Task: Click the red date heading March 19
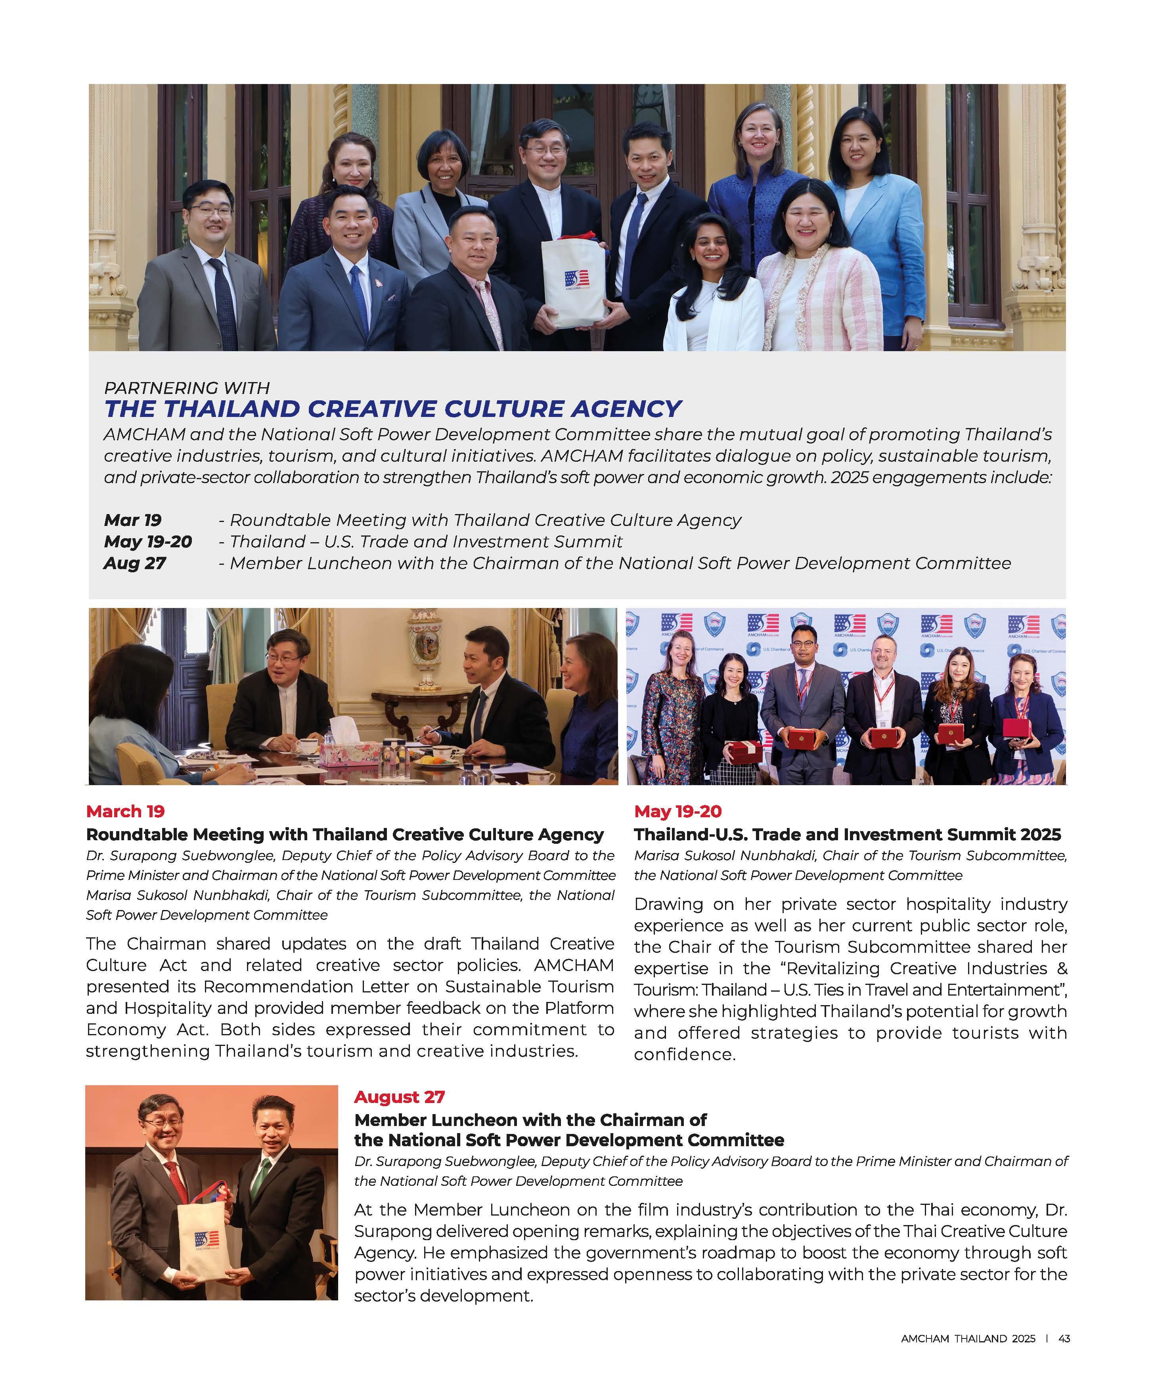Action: point(125,811)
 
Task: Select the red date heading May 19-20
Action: point(677,811)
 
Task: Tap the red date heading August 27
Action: point(400,1097)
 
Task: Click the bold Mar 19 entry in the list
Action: point(133,520)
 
